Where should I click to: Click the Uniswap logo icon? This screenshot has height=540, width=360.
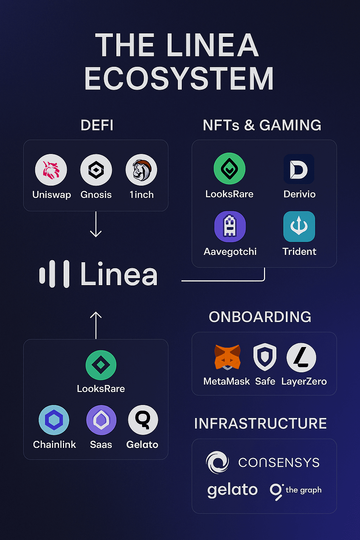click(x=51, y=170)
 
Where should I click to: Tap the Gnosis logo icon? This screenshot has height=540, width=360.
click(x=96, y=170)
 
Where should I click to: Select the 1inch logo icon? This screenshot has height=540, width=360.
click(x=141, y=170)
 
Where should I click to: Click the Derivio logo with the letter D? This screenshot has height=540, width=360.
click(x=299, y=169)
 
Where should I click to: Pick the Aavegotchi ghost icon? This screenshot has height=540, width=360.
click(x=230, y=226)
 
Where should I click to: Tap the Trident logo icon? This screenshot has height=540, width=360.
click(x=299, y=226)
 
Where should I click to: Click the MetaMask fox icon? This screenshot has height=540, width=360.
click(x=227, y=357)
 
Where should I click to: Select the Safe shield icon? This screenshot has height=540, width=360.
click(x=265, y=357)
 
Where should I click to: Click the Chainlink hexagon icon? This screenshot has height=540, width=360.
click(x=54, y=420)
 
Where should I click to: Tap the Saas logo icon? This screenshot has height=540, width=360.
click(x=101, y=420)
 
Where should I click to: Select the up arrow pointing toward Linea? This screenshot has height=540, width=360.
click(x=96, y=325)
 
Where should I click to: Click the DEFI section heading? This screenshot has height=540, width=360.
click(x=97, y=125)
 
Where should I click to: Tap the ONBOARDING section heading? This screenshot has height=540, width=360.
click(x=260, y=317)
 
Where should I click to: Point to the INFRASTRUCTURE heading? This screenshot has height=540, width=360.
click(x=261, y=424)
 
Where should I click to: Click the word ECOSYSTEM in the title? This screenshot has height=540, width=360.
click(x=179, y=79)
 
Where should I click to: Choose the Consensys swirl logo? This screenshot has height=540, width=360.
click(x=217, y=462)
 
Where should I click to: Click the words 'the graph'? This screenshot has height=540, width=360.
click(x=303, y=490)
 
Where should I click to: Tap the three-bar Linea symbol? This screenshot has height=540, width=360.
click(x=54, y=274)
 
